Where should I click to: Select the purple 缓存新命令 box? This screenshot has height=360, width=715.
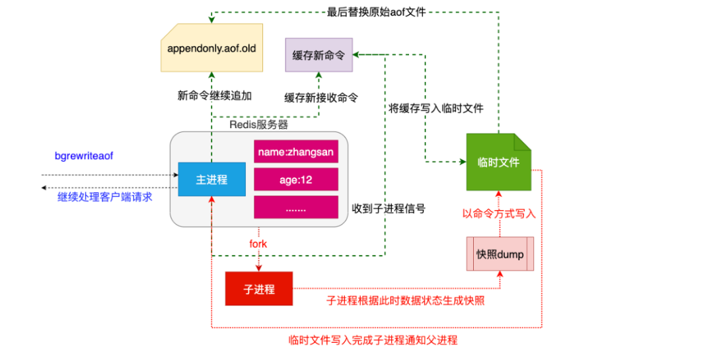click(319, 55)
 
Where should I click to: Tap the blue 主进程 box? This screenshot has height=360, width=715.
click(211, 179)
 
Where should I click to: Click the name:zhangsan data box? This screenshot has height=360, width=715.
click(295, 151)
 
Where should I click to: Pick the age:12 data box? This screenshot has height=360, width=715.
click(295, 179)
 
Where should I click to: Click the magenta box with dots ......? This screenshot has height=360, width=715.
click(295, 207)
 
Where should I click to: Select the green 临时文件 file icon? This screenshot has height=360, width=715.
click(499, 162)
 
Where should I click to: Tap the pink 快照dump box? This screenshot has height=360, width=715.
click(500, 254)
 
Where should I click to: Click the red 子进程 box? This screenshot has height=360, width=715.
click(258, 289)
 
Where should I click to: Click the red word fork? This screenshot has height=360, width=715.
click(258, 244)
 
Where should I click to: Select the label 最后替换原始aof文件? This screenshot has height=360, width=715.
click(376, 11)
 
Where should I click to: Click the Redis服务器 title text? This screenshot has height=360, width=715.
click(258, 124)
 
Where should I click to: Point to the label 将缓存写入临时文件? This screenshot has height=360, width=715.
click(435, 108)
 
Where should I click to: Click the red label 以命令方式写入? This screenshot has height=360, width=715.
click(498, 213)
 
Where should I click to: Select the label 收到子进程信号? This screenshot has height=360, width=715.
click(389, 209)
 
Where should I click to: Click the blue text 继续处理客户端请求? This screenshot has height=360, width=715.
click(105, 196)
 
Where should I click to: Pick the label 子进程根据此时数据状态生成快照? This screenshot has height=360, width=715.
click(405, 301)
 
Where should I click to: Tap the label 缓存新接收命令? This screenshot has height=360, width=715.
click(321, 97)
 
